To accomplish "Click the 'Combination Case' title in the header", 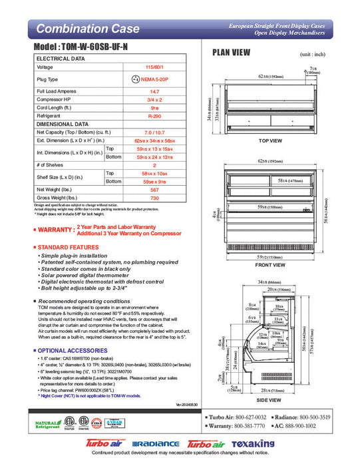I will [88, 29].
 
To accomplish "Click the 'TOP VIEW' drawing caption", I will [270, 141].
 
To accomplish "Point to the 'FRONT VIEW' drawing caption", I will [271, 265].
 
